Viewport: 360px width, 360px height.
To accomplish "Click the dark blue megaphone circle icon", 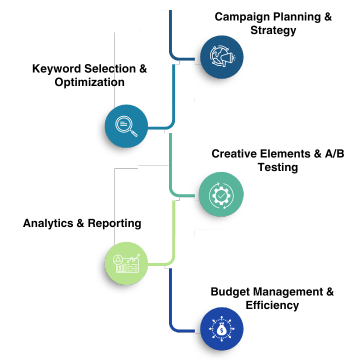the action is pos(222,57).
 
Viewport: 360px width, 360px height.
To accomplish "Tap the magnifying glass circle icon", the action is pos(126,126).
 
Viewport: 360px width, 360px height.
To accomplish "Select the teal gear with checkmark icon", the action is pos(221,194).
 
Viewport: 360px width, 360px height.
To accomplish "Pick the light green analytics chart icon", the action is pos(126,263).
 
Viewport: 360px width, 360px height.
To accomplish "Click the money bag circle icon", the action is pos(222,329).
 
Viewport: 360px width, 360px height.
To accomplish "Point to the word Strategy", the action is pos(273,30).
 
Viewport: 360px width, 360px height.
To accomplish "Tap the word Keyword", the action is pos(56,69).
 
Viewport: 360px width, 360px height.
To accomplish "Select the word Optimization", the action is pos(90,82).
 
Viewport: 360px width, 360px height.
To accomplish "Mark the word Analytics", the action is pos(48,223).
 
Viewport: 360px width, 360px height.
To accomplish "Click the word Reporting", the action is pos(115,224).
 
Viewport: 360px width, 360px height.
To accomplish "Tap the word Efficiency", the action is pos(272,305).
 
